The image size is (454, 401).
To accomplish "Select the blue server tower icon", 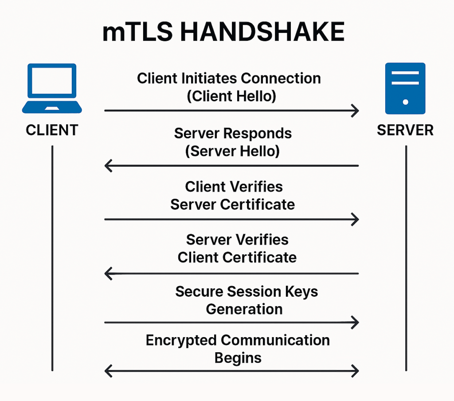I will point(405,88).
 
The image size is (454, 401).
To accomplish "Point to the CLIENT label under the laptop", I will point(52,130).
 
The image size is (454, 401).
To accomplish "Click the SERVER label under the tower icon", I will point(405,130).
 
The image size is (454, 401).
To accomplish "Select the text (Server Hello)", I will point(232,151).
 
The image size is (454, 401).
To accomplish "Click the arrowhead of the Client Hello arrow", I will point(355,111).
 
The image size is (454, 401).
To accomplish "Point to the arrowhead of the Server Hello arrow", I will point(108,166).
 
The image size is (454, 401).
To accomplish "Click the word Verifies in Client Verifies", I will point(257,186).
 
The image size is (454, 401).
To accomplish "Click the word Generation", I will point(244,309).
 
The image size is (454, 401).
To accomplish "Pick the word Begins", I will point(238,358).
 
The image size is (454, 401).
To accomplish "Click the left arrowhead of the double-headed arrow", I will point(108,370).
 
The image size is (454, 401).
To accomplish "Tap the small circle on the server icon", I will point(405,102).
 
